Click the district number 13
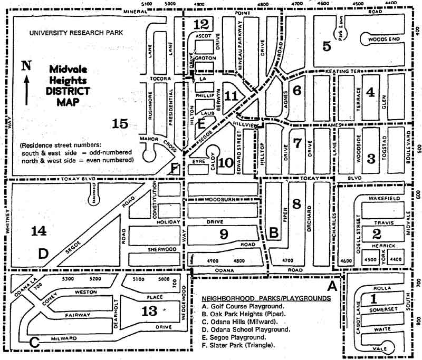pos(150,311)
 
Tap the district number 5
pos(327,46)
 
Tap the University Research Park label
pos(76,32)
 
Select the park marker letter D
pos(43,254)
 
